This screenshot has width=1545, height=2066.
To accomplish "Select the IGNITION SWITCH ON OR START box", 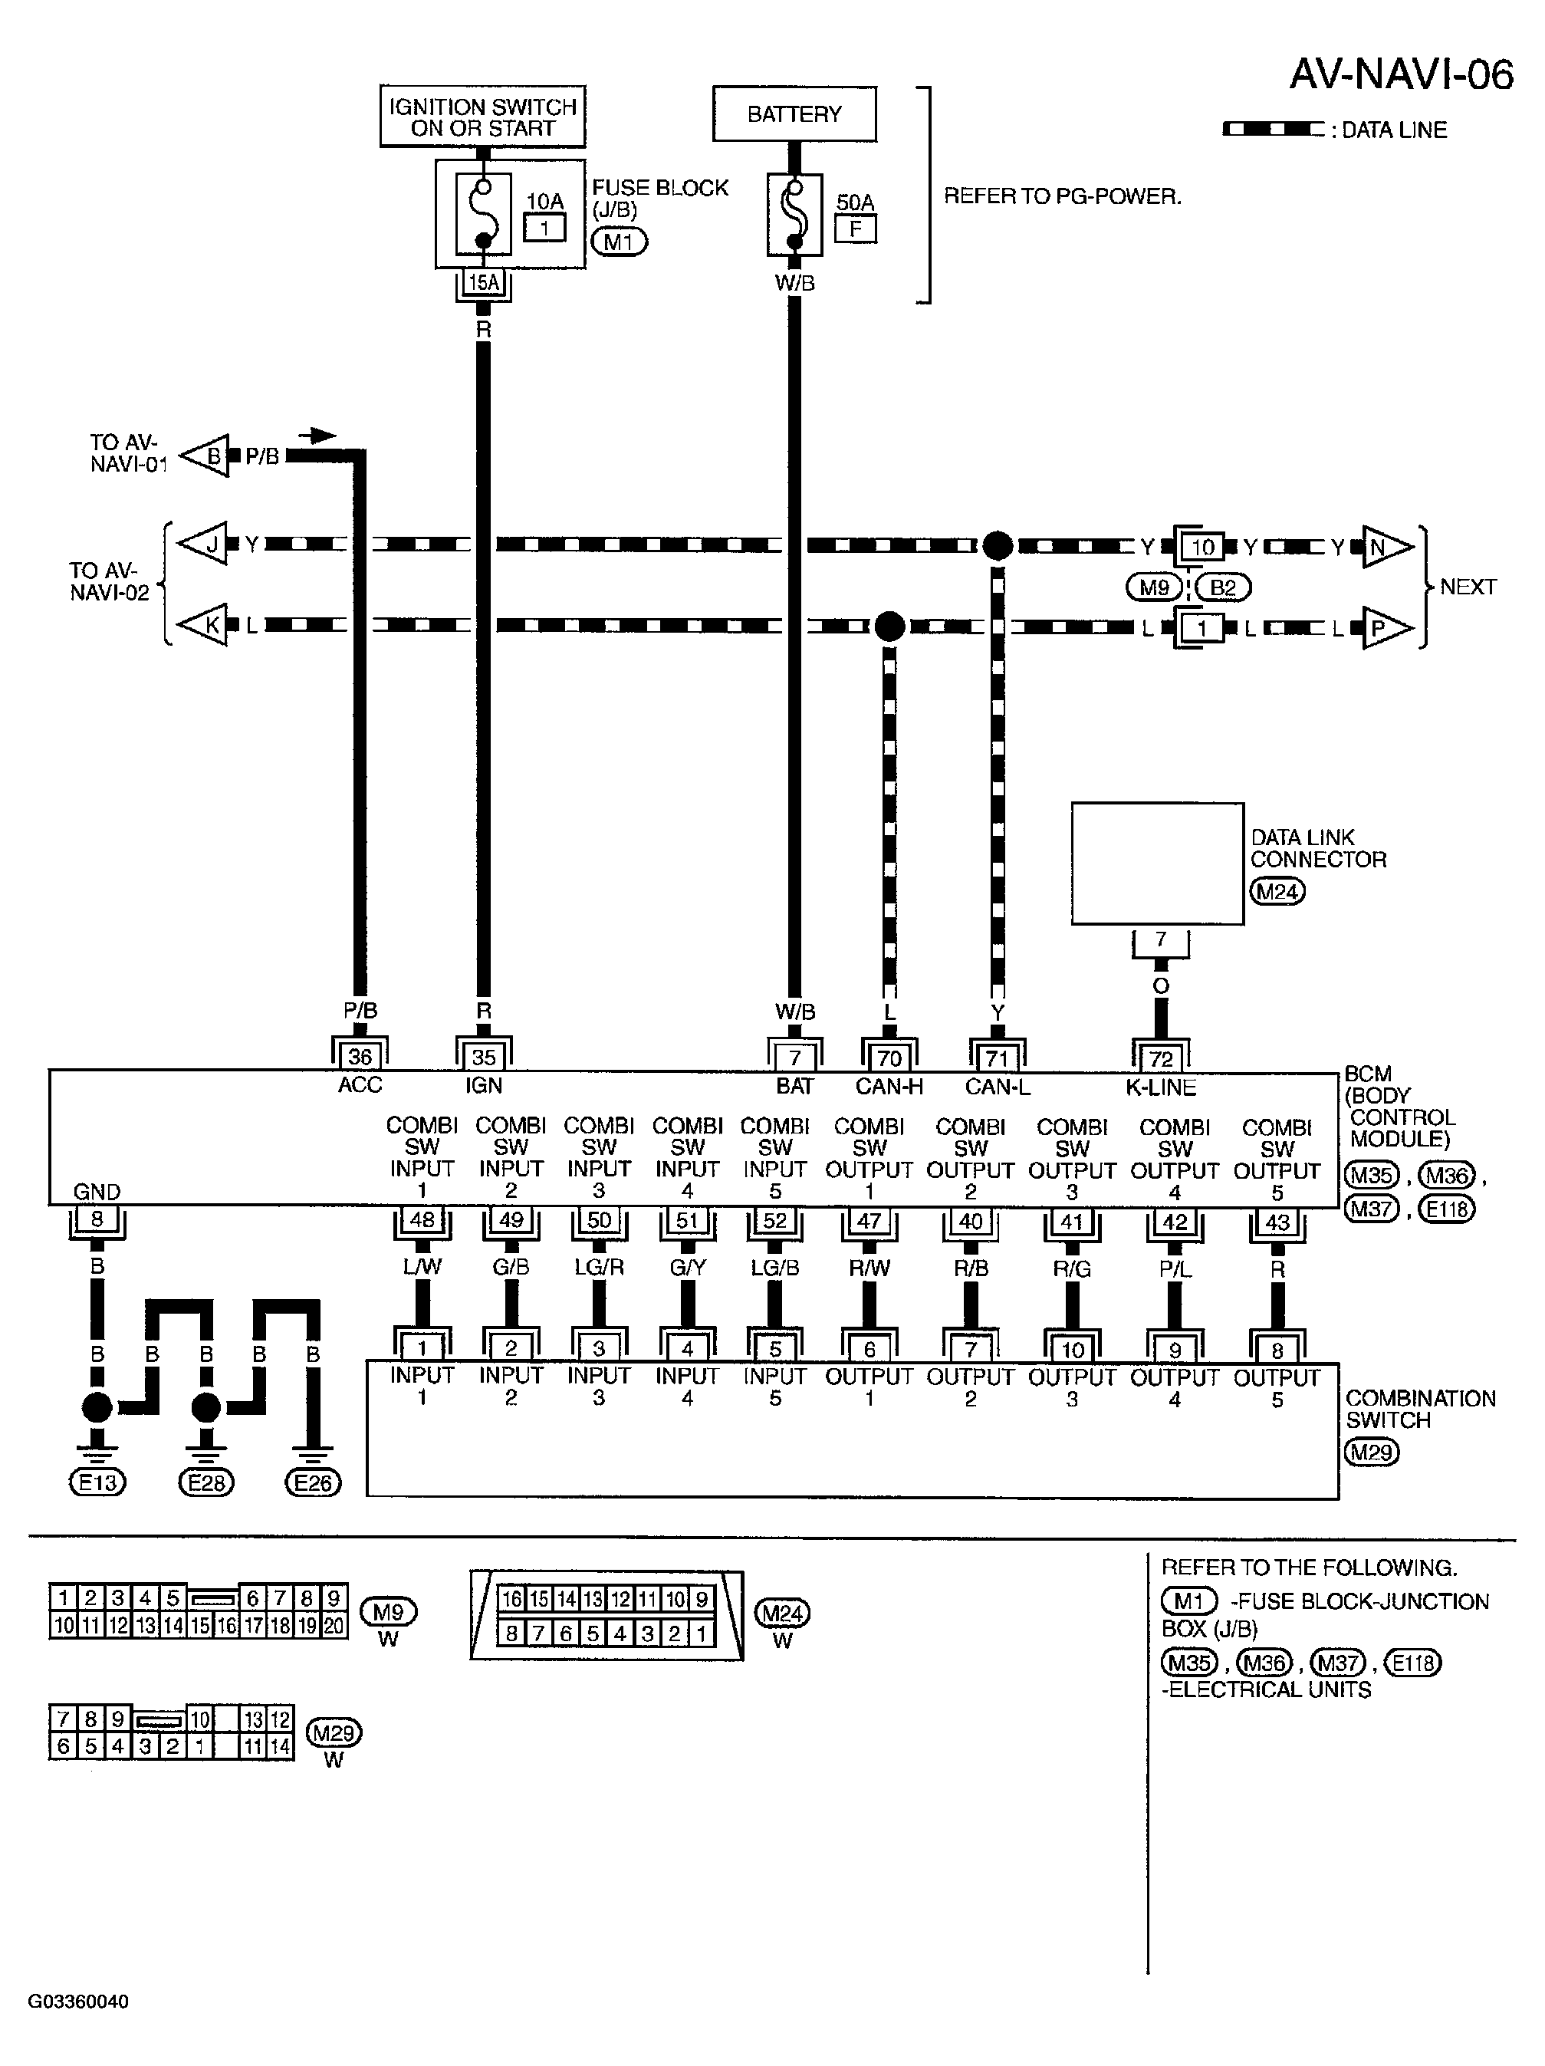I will (x=482, y=117).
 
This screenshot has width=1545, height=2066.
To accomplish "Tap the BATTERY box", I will (x=794, y=114).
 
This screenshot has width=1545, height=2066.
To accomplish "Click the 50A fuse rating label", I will (x=855, y=202).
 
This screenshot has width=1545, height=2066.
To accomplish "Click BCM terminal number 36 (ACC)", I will (x=360, y=1056).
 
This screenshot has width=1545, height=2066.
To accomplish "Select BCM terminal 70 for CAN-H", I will (x=889, y=1058).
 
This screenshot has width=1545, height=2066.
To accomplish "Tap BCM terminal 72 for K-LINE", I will (x=1160, y=1058).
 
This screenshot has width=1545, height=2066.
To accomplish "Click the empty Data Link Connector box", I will (x=1156, y=863).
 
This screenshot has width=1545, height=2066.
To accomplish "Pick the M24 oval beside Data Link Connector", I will (x=1277, y=891).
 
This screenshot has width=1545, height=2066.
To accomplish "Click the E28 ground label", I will (x=205, y=1482).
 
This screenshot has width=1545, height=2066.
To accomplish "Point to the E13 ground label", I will (x=97, y=1482).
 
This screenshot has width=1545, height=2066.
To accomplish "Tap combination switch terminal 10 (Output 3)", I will (x=1073, y=1350).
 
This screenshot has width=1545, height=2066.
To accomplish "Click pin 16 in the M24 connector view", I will (x=511, y=1598).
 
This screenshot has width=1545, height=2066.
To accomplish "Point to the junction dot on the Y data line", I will (x=997, y=545).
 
